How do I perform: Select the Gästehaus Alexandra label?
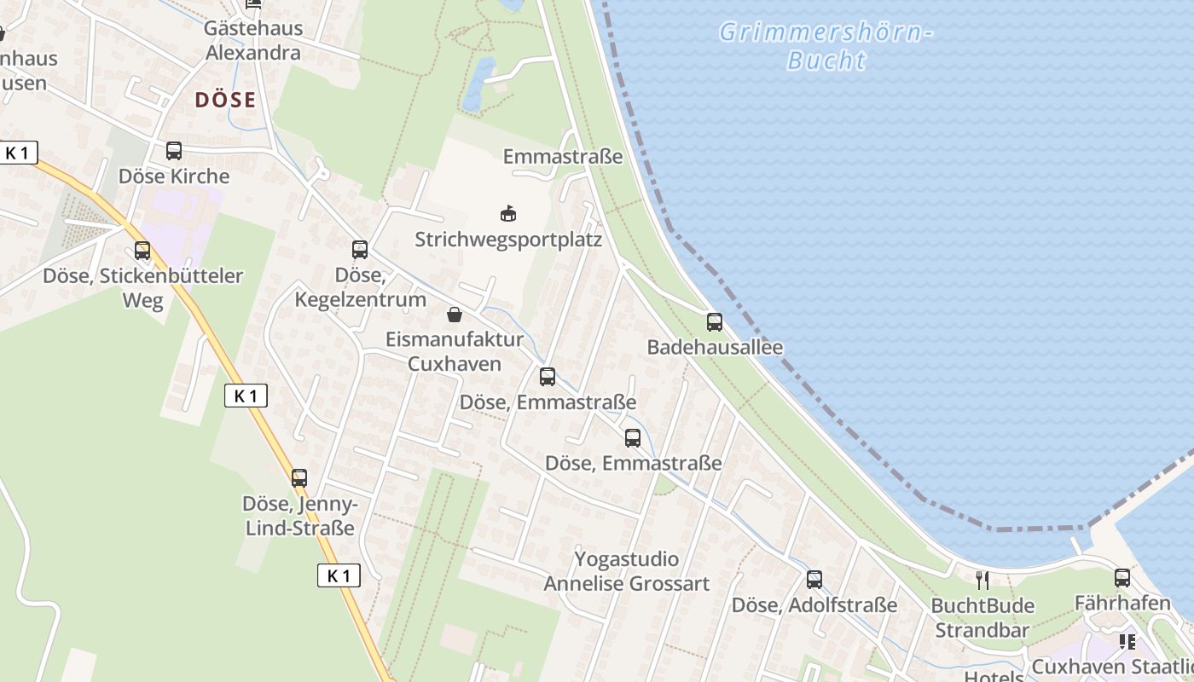tap(252, 40)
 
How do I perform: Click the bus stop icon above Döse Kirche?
tap(174, 151)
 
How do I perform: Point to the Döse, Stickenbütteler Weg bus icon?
tap(142, 251)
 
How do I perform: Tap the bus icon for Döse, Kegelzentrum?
tap(360, 250)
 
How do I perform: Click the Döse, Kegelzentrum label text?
tap(360, 287)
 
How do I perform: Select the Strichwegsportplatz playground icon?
tap(508, 213)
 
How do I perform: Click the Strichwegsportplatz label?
tap(508, 240)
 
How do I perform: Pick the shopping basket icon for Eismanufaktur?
tap(455, 315)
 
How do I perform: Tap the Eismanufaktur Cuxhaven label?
tap(455, 350)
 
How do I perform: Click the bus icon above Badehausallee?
tap(715, 322)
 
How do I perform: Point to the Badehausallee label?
tap(715, 347)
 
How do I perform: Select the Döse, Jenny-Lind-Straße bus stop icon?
tap(299, 477)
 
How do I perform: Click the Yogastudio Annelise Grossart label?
tap(627, 571)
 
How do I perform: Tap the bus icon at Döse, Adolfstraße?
tap(814, 580)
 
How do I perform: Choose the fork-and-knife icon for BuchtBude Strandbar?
tap(982, 581)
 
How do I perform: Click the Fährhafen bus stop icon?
tap(1122, 578)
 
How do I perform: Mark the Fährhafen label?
tap(1122, 603)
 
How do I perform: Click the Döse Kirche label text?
tap(174, 176)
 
